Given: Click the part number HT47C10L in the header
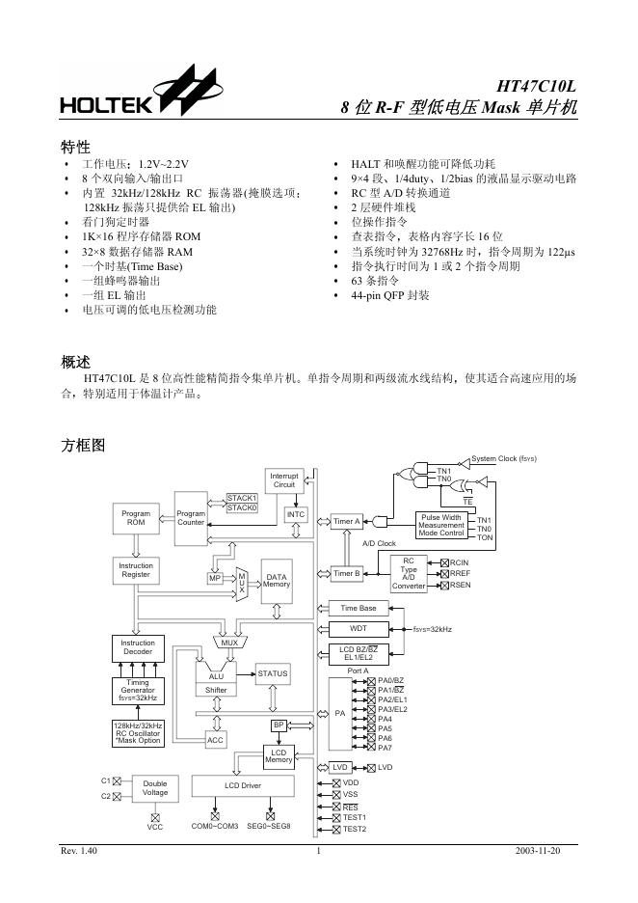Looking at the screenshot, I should click(x=536, y=86).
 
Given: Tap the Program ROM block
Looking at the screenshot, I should click(x=136, y=518).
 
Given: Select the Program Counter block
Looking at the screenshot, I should click(x=191, y=518).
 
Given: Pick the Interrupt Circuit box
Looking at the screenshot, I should click(x=284, y=479).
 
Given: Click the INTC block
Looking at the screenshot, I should click(x=296, y=514).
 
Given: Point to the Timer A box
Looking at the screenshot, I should click(x=347, y=522).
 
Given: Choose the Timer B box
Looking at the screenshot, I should click(x=347, y=574).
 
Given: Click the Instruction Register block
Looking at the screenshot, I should click(x=136, y=570).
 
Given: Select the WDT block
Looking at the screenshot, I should click(x=359, y=628).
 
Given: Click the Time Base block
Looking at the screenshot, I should click(x=359, y=608).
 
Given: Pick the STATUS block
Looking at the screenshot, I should click(x=272, y=672).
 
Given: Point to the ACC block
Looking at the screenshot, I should click(x=216, y=739).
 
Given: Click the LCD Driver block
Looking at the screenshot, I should click(x=243, y=786).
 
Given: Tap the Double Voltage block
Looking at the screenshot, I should click(x=155, y=787).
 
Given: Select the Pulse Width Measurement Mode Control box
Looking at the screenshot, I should click(x=441, y=525).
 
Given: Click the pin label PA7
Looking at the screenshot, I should click(x=385, y=748).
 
